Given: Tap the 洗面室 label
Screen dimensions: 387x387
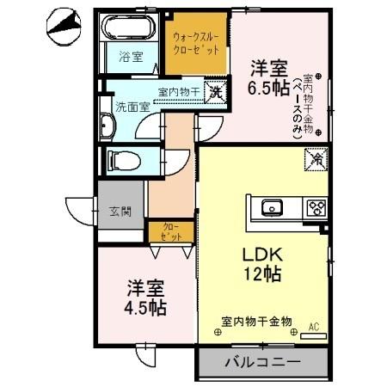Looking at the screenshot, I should pos(132,107).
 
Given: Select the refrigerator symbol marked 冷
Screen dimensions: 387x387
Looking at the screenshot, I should pos(316,159).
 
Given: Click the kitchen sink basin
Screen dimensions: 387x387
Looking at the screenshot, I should pos(272,207).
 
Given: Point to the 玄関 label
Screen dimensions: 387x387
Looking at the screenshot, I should pos(120,212).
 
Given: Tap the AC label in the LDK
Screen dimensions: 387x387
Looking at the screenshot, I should pos(313,326).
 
